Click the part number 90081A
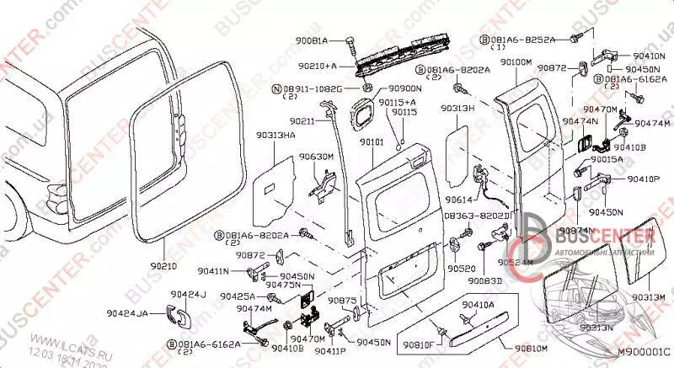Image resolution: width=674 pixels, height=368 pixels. click(x=312, y=40)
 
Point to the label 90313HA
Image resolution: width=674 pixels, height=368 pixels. click(x=275, y=135)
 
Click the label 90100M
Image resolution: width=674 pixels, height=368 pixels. click(x=515, y=62)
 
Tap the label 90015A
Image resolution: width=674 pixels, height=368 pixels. click(x=606, y=159)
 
